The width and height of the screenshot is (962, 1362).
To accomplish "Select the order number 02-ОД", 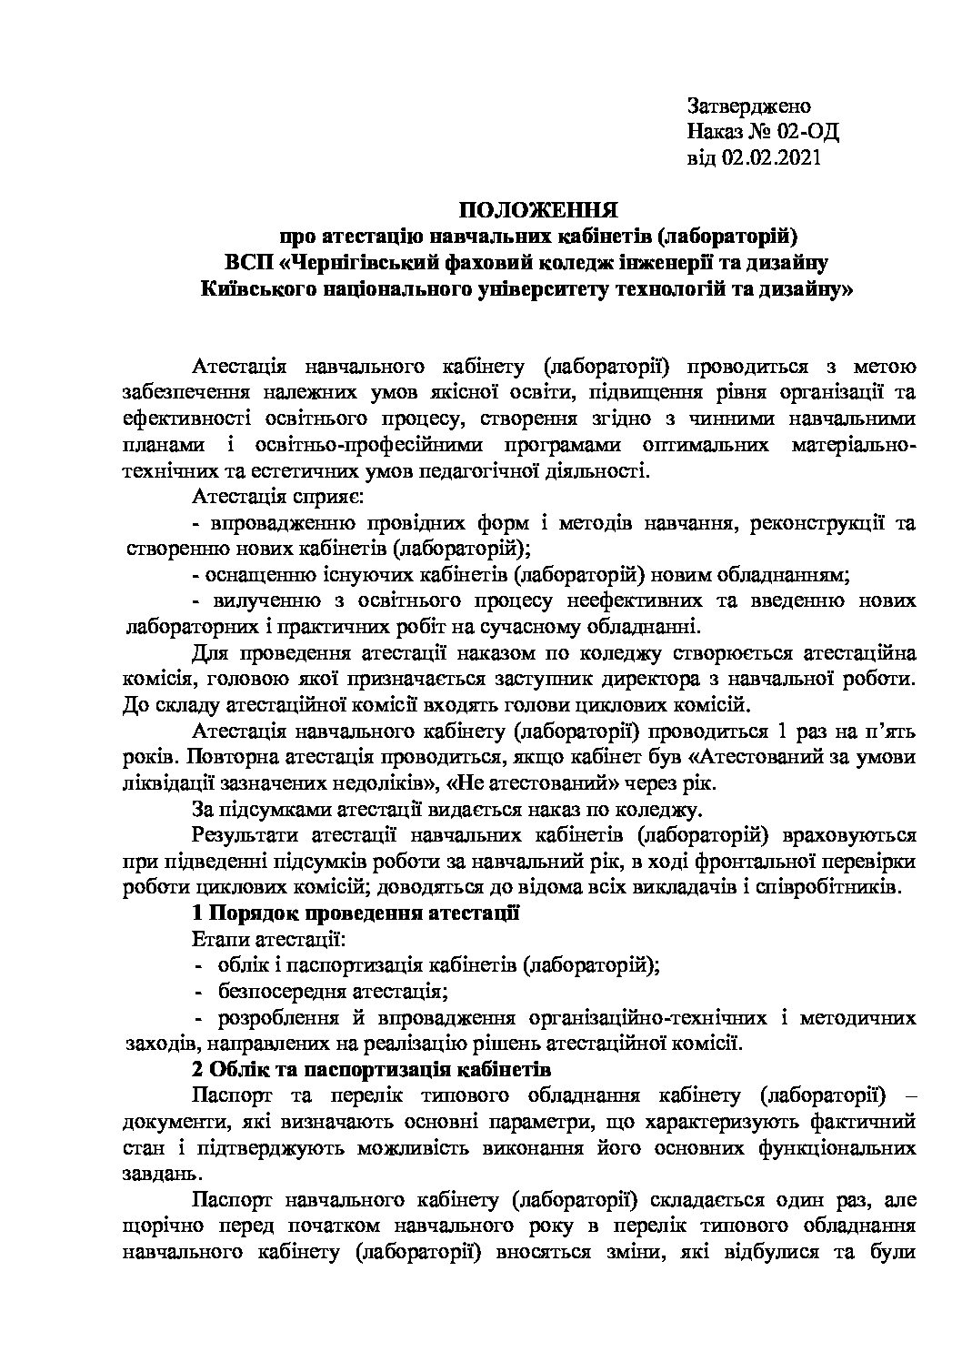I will coord(807,132).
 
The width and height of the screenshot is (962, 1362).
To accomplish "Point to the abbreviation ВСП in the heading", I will coord(248,265).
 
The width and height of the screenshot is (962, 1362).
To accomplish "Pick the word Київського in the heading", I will coord(252,291).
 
